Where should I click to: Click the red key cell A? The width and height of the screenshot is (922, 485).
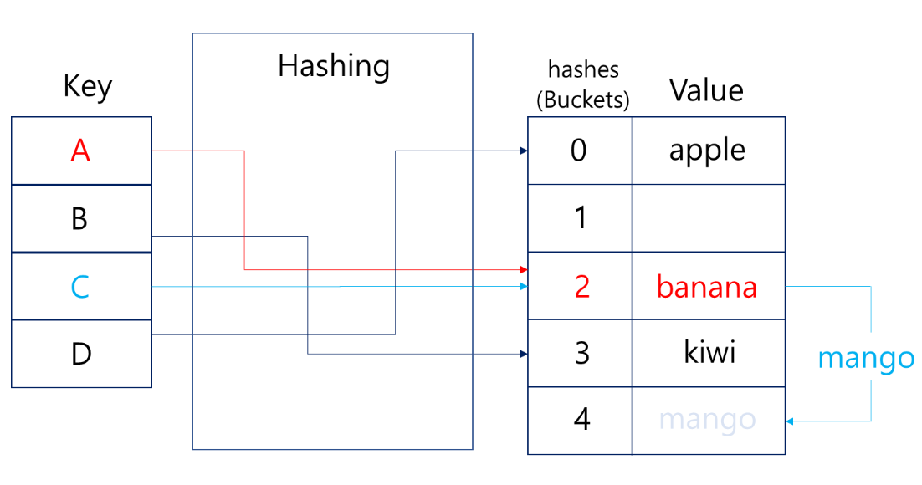pos(81,151)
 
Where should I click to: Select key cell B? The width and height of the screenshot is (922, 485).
pos(81,219)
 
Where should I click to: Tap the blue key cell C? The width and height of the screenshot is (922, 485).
pos(81,287)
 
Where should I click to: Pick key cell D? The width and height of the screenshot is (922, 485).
pos(81,355)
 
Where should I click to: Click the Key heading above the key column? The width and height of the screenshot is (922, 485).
pos(87,86)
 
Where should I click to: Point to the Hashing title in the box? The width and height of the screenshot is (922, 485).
pos(333,65)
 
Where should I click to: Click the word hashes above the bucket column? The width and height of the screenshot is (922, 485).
pos(582,69)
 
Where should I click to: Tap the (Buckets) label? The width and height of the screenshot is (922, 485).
pos(582,100)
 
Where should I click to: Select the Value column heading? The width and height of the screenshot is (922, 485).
pos(706,90)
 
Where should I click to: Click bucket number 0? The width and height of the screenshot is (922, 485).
pos(579,151)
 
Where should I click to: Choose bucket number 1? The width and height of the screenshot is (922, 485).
pos(579,219)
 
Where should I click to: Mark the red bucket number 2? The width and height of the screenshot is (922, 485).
pos(581,287)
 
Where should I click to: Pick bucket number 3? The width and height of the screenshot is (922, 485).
pos(581,353)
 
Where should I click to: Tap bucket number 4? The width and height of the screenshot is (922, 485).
pos(581,419)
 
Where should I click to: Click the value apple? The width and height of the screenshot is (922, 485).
pos(707,151)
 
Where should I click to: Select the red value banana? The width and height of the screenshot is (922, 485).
pos(707,287)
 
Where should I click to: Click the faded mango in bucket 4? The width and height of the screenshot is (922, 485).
pos(707,420)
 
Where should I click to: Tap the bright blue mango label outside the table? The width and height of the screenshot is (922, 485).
pos(866,359)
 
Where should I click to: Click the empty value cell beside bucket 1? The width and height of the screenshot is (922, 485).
pos(708,218)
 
